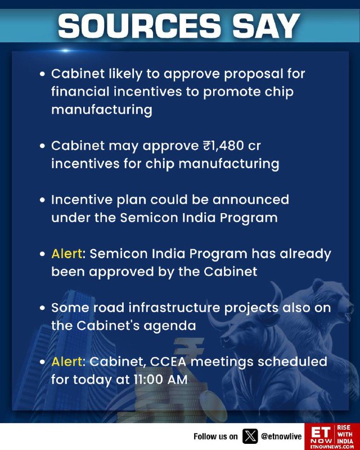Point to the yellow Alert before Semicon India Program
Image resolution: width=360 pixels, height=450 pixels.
(x=66, y=254)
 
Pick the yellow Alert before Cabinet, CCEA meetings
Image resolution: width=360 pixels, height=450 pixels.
(x=66, y=362)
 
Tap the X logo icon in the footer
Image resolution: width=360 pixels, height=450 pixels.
(x=250, y=436)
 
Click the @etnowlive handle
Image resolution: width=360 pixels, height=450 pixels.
(x=281, y=436)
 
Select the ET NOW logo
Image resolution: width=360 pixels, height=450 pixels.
(x=322, y=434)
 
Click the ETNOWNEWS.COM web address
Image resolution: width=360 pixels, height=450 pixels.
(x=332, y=447)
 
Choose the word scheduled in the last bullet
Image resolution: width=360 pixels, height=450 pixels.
(x=292, y=362)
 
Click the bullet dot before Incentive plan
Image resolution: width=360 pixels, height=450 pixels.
(x=43, y=200)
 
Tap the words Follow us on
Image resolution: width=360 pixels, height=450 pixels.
(x=215, y=436)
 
